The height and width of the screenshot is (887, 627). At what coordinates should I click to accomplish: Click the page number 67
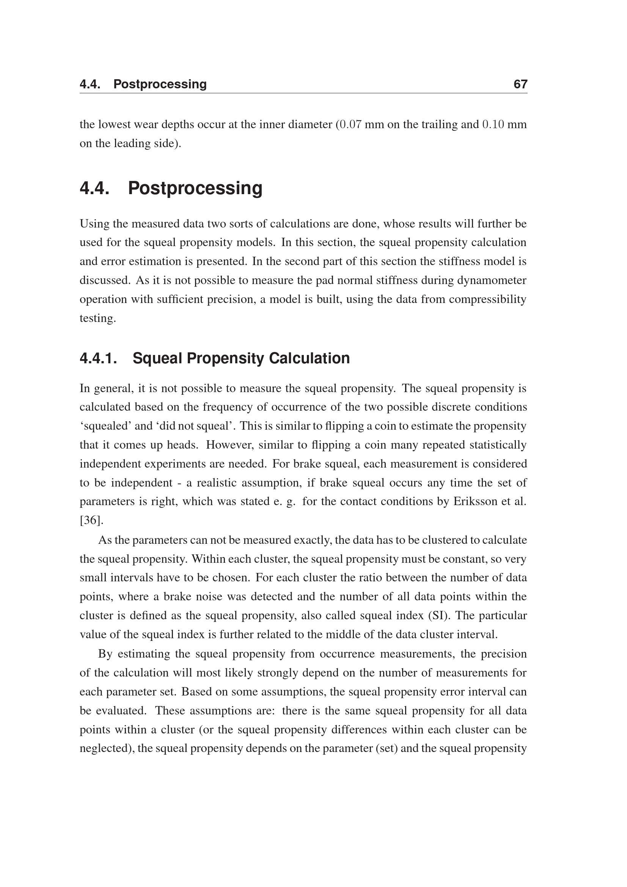click(x=520, y=84)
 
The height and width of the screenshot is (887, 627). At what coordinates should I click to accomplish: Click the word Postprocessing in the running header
click(x=160, y=84)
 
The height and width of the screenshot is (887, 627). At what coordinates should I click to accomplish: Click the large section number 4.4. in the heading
click(x=94, y=188)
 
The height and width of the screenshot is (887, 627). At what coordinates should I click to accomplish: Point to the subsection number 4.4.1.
click(x=98, y=358)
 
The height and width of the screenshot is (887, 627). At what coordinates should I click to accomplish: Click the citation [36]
click(x=91, y=520)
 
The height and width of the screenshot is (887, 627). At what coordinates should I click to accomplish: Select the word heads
click(x=183, y=445)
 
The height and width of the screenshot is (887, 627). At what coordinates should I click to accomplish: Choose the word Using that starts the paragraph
click(x=95, y=224)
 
